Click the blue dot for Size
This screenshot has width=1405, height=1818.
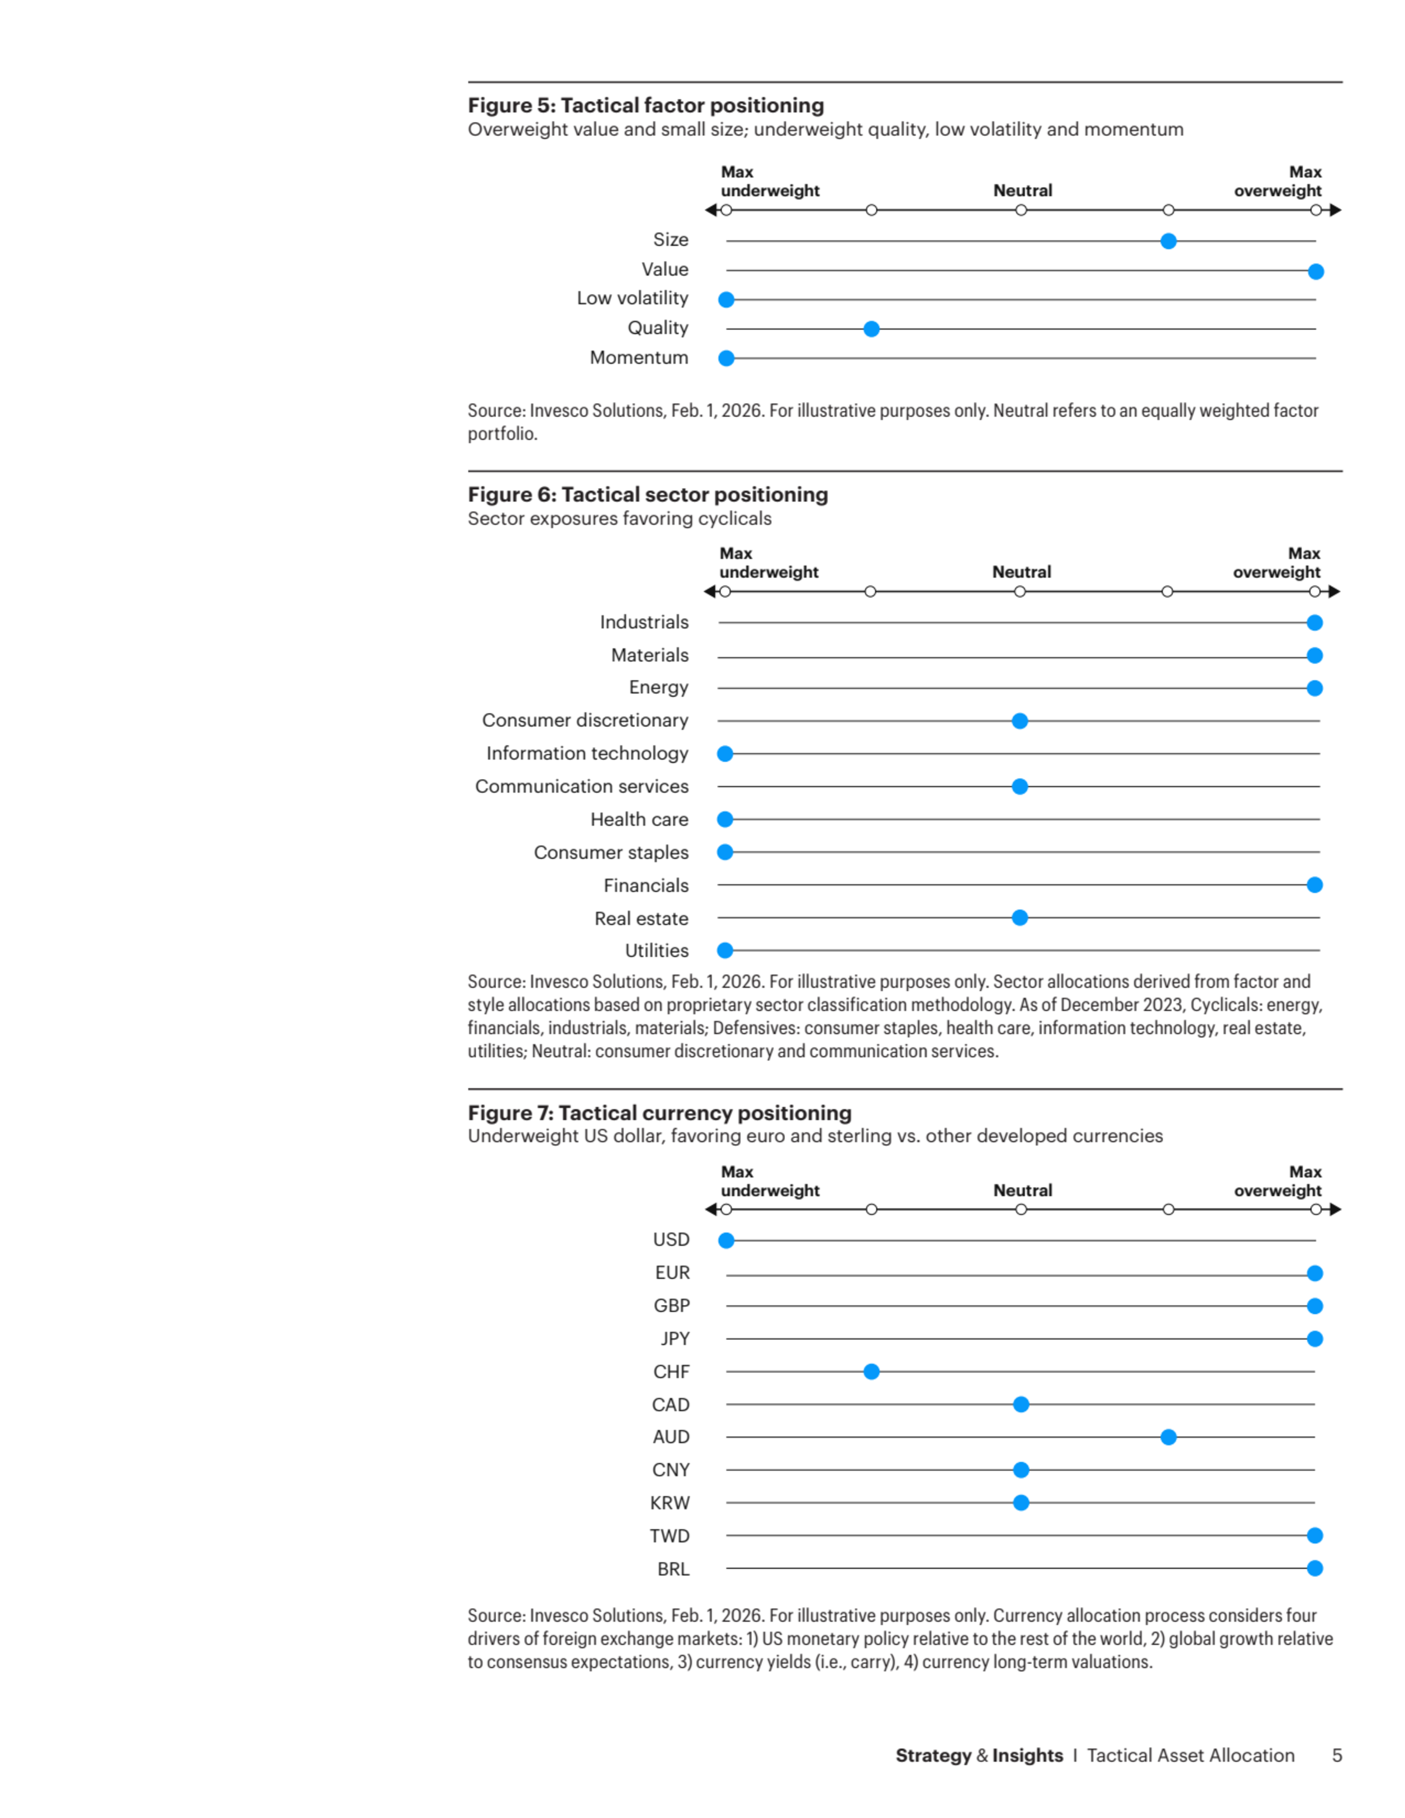(x=1169, y=241)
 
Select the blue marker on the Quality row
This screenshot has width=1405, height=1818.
(x=872, y=329)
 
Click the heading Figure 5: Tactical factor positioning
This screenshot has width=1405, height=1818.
(x=646, y=105)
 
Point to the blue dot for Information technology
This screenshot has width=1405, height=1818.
(x=725, y=753)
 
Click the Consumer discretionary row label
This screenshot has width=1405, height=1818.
(x=585, y=720)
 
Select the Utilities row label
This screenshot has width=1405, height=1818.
(x=657, y=951)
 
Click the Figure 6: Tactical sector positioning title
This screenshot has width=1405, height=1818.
(x=648, y=494)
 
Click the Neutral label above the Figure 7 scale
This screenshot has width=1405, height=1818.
(x=1023, y=1191)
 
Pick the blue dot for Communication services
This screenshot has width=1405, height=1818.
(x=1020, y=787)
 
